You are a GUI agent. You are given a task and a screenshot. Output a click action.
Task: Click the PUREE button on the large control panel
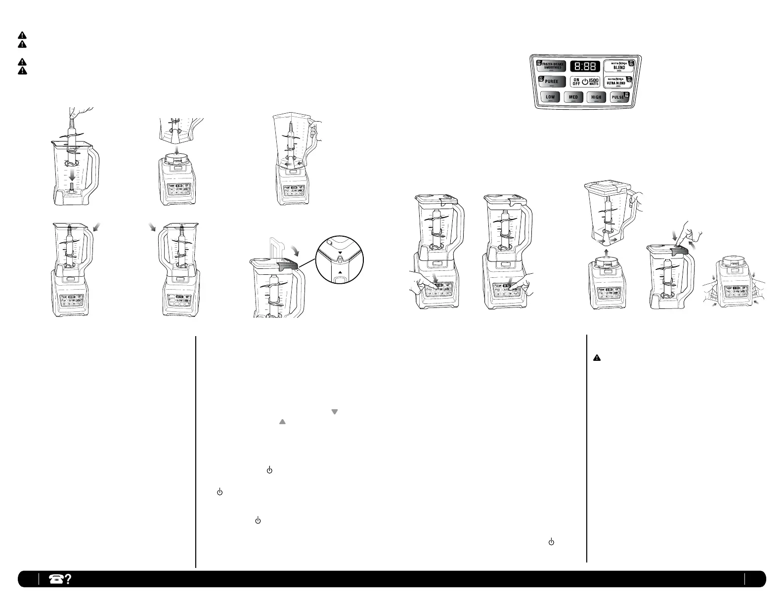click(x=551, y=82)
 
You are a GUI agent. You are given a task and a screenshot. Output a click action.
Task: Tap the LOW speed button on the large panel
click(x=550, y=97)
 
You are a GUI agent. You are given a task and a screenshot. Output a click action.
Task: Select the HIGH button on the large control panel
click(x=596, y=97)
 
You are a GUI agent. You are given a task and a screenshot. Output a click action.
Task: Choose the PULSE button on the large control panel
click(x=618, y=97)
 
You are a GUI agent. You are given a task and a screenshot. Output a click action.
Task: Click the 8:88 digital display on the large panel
click(x=585, y=66)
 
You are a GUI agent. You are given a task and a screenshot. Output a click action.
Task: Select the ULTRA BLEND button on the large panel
click(x=618, y=82)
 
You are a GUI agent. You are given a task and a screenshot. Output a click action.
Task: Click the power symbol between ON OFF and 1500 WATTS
click(x=585, y=82)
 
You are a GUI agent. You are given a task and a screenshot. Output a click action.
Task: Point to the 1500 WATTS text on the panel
click(x=594, y=82)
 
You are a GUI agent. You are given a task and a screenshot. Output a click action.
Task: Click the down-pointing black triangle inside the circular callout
click(x=340, y=253)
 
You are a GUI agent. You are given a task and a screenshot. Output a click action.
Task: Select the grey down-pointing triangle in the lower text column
click(x=334, y=412)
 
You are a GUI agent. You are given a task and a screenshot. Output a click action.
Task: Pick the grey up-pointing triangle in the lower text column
click(x=282, y=422)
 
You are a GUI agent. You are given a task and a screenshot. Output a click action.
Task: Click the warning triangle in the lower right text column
click(x=597, y=357)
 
